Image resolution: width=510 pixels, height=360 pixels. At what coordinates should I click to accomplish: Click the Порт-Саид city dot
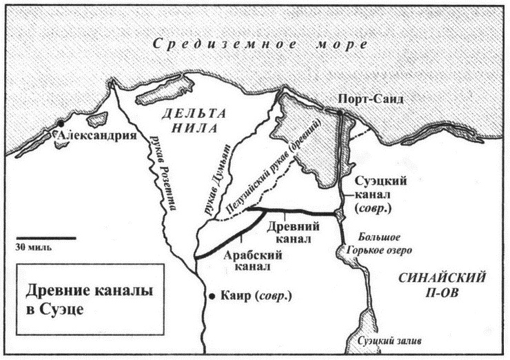click(x=340, y=112)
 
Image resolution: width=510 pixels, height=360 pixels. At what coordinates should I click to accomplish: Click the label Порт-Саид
click(x=372, y=99)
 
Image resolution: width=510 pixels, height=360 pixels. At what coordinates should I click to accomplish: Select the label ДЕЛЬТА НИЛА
click(x=190, y=120)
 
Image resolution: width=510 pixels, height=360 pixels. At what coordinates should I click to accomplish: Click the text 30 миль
click(x=32, y=246)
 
